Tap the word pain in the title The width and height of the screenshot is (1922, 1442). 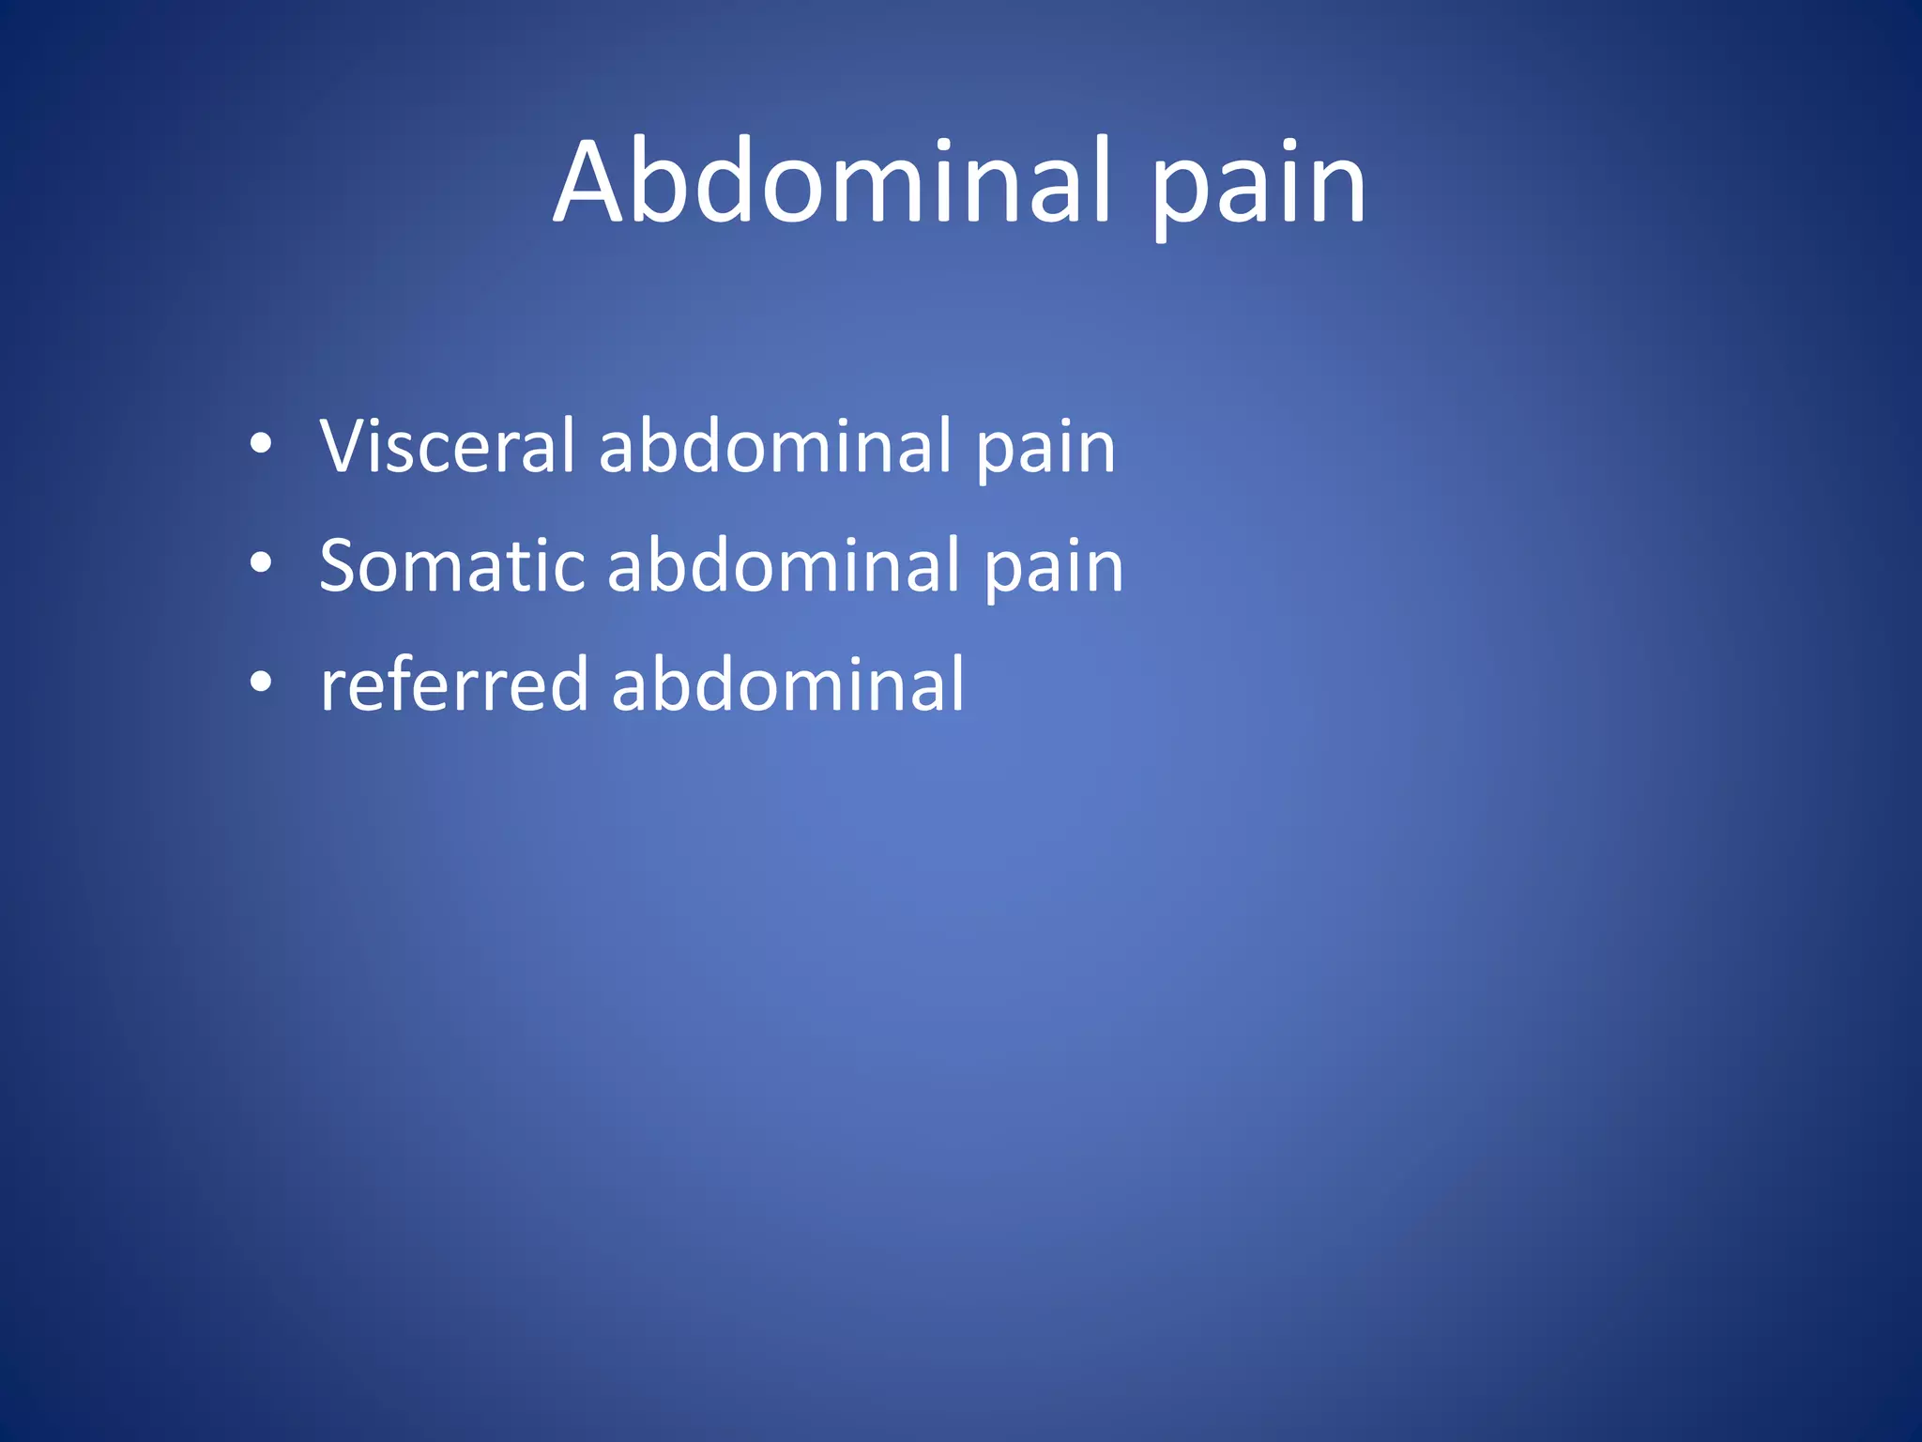click(x=1258, y=188)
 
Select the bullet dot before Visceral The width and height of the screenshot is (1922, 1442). click(x=261, y=443)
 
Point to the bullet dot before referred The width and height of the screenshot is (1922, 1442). click(x=261, y=683)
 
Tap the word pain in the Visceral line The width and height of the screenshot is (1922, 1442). click(x=1045, y=451)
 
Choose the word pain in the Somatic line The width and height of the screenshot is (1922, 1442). click(x=1054, y=571)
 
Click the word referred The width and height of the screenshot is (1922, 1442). click(x=454, y=684)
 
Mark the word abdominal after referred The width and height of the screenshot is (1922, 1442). click(x=787, y=684)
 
